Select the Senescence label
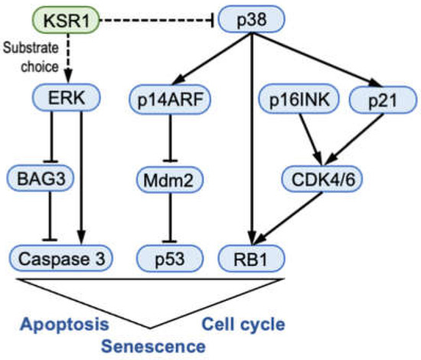tap(154, 345)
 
